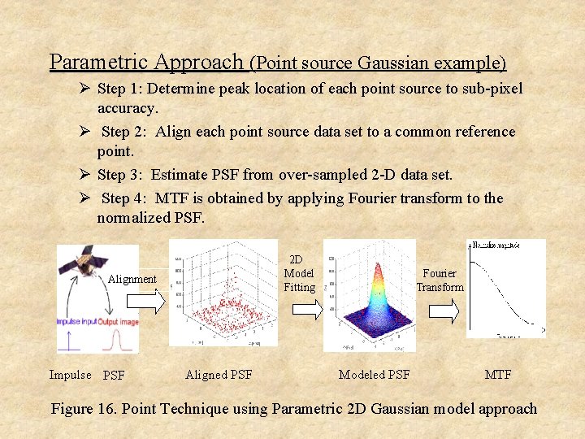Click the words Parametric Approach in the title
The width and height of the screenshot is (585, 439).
[x=146, y=62]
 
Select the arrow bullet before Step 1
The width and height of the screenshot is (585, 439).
[x=84, y=88]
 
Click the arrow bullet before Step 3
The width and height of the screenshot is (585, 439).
[x=84, y=173]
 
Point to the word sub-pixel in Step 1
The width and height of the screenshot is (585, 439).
[x=492, y=89]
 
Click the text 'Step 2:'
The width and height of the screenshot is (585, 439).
[x=126, y=132]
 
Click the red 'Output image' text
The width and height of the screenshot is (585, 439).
[x=118, y=322]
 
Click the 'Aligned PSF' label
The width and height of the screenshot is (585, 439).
[x=219, y=375]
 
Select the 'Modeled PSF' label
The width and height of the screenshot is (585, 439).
[x=374, y=375]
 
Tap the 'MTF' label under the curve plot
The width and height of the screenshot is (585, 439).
[x=497, y=375]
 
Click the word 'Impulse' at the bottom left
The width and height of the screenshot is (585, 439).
[x=70, y=375]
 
